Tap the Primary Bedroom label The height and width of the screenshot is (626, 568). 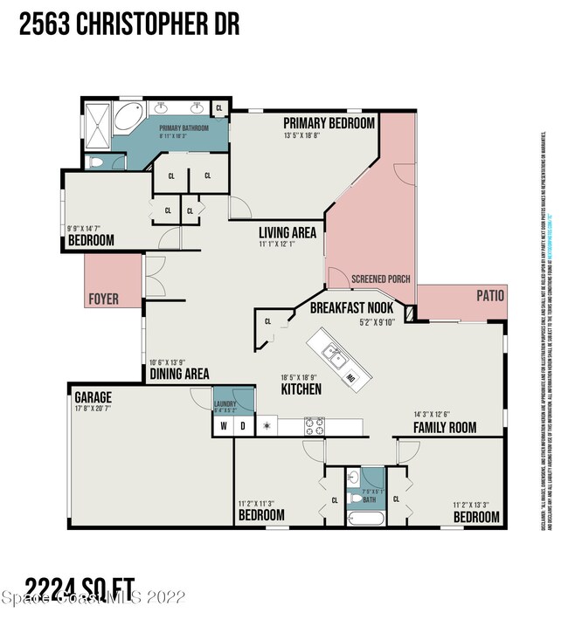(329, 123)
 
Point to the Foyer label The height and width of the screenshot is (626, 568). (104, 299)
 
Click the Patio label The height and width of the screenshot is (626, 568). (490, 296)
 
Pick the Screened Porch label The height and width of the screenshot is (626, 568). (380, 279)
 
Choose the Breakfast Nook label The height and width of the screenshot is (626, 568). (352, 307)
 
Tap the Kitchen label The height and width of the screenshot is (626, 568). (301, 389)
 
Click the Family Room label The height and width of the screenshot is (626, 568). (445, 427)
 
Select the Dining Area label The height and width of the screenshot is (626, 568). (179, 373)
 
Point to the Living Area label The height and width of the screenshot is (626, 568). (287, 233)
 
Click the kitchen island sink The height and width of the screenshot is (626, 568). (333, 354)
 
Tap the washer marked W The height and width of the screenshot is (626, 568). (222, 427)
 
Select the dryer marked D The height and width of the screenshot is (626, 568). (242, 427)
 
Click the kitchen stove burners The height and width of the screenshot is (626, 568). (314, 426)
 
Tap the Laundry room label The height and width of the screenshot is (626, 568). (225, 403)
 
